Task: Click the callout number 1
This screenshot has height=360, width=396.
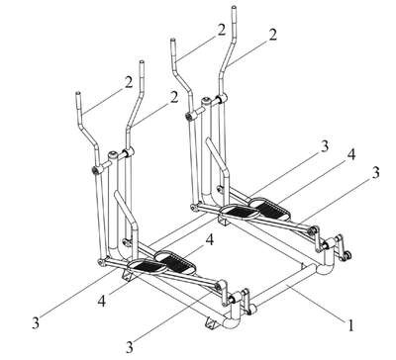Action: click(350, 325)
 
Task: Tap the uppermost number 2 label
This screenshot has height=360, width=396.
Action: click(221, 30)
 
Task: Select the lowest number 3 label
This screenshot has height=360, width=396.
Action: click(130, 346)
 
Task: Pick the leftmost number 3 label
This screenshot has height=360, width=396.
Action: click(36, 323)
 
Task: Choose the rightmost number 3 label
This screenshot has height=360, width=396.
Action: click(375, 173)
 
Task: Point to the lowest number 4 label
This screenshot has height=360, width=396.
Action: click(102, 301)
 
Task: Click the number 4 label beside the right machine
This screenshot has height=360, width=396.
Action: click(351, 154)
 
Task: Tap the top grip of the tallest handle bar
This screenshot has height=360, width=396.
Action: click(234, 19)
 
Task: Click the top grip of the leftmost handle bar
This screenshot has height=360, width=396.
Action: click(79, 103)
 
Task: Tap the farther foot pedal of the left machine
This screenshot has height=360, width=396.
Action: click(174, 262)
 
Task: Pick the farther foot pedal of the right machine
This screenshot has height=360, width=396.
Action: click(269, 209)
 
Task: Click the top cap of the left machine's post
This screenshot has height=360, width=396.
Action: click(113, 153)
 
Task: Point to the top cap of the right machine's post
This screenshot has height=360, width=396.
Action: click(207, 99)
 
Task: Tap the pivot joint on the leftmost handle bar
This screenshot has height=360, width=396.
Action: click(96, 170)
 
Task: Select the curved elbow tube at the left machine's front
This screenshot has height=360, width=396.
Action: click(231, 321)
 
